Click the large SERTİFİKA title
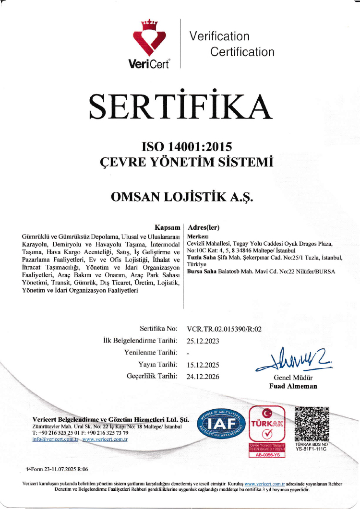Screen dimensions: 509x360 click(x=180, y=106)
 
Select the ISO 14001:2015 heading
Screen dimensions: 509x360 click(x=180, y=145)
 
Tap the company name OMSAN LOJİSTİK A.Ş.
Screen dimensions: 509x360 click(x=180, y=197)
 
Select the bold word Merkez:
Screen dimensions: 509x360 click(x=197, y=237)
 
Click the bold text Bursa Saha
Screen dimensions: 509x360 click(x=201, y=271)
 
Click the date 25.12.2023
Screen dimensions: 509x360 click(x=203, y=341)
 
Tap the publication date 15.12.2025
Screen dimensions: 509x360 click(x=203, y=365)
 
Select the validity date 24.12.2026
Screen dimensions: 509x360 click(x=203, y=377)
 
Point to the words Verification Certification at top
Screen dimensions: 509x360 click(x=232, y=44)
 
